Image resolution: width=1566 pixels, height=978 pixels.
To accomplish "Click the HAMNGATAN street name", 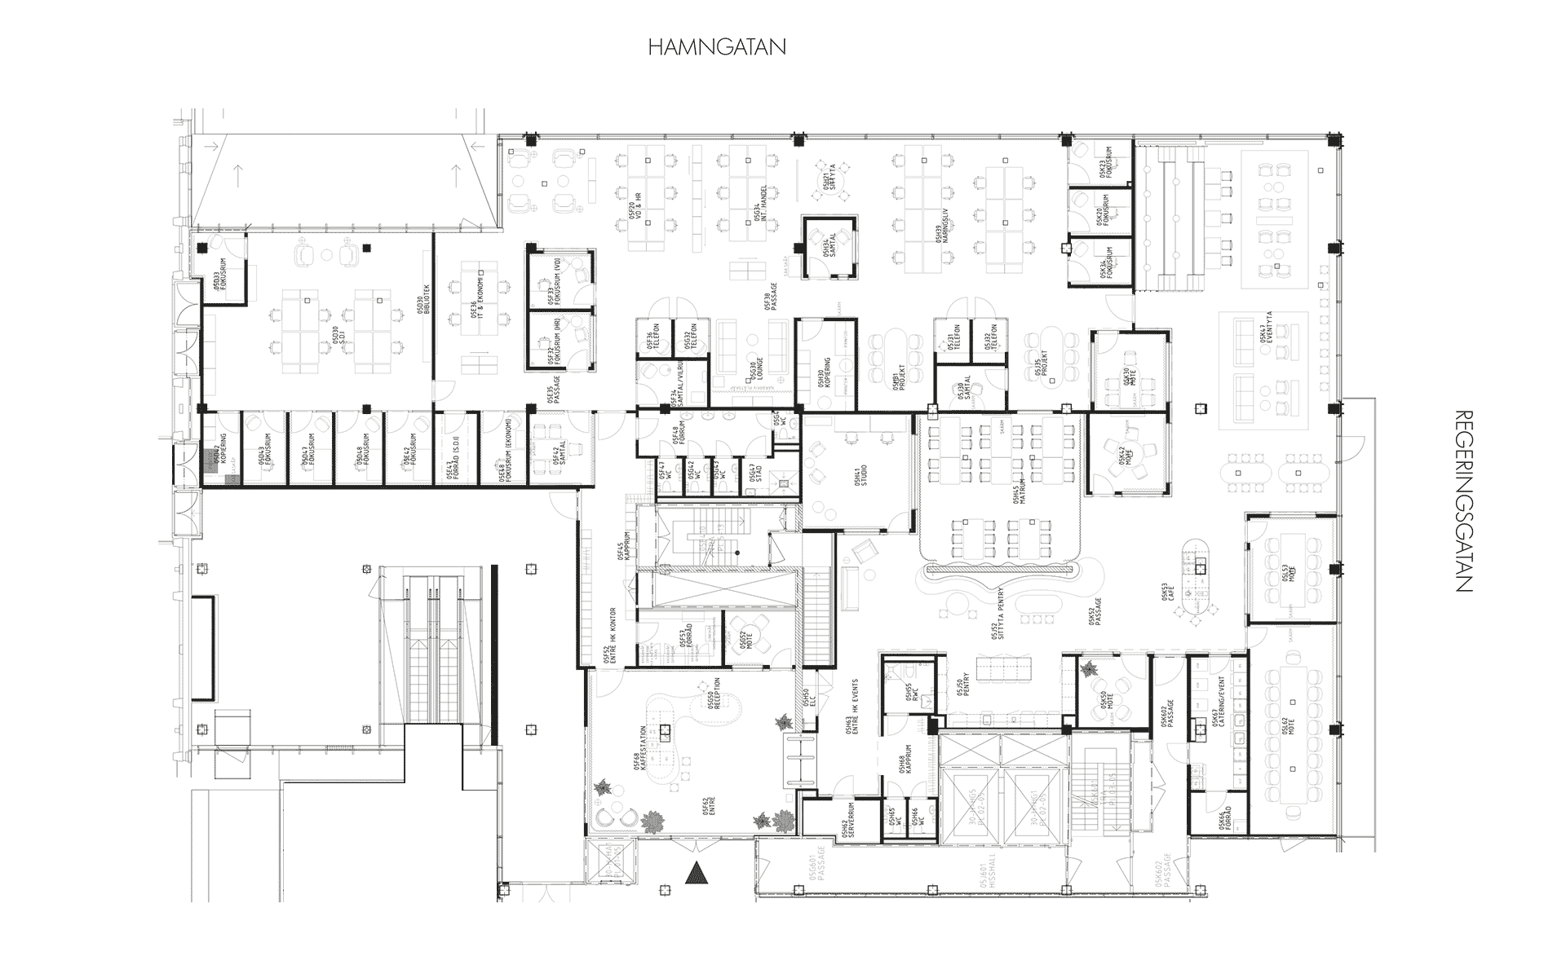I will point(717,47).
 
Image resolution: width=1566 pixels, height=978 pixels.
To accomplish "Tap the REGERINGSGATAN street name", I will point(1462,500).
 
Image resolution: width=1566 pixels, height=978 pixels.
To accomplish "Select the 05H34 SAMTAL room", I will point(830,248).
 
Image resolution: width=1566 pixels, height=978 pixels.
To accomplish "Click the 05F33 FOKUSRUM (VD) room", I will point(560,280).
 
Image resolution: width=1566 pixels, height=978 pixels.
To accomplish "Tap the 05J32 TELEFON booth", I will point(991,341).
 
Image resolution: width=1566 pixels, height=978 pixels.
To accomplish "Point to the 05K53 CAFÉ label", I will point(1166,599).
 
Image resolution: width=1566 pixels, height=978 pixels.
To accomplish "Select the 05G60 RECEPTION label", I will point(714,695).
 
